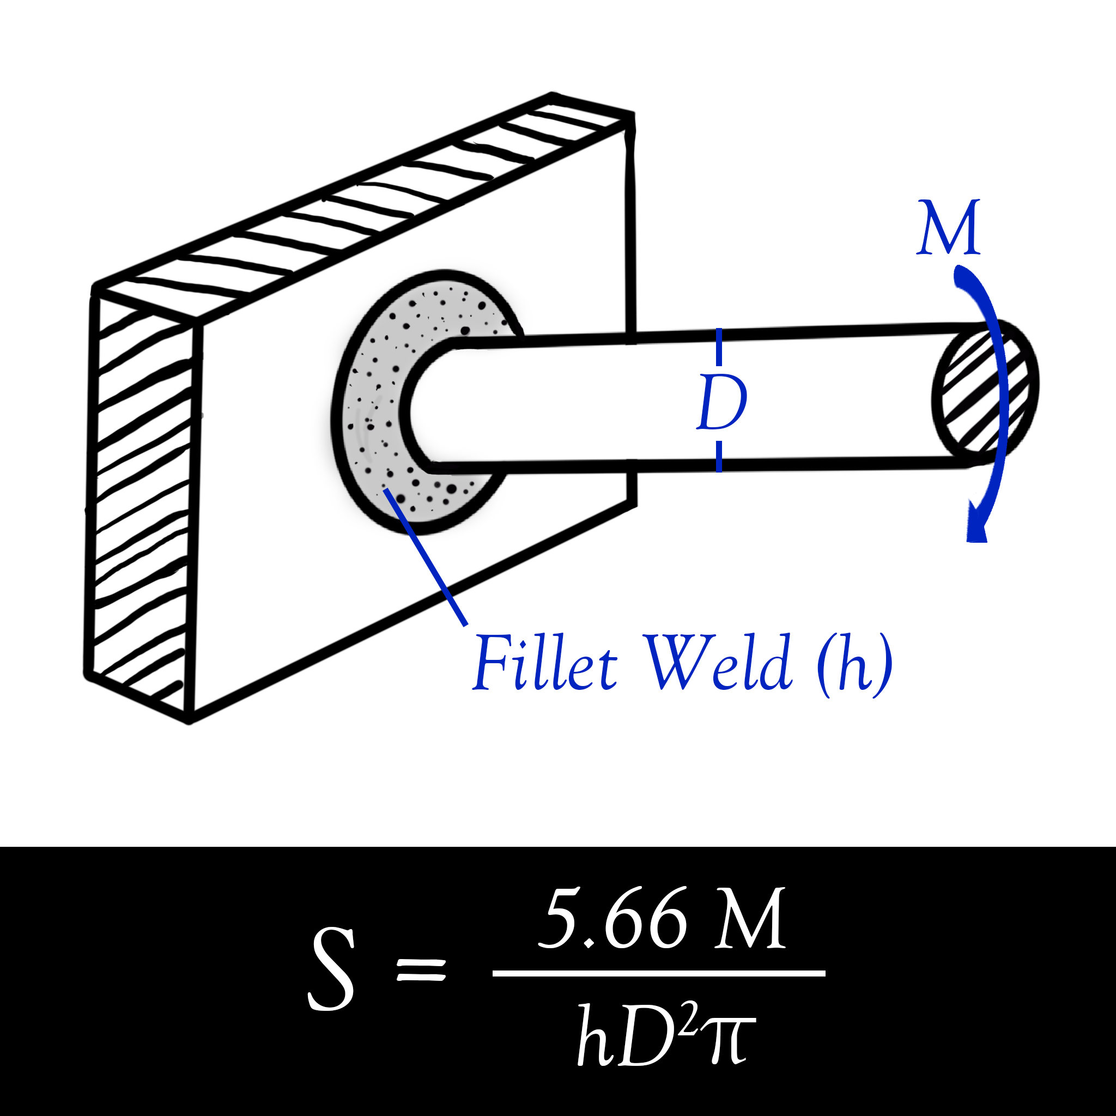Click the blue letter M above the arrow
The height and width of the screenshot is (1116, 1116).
949,228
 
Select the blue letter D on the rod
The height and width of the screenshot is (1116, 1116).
721,403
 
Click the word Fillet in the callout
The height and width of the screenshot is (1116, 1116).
545,663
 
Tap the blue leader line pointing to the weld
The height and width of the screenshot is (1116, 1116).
426,557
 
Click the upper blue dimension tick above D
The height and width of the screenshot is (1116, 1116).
719,347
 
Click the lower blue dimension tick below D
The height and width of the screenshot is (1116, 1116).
719,456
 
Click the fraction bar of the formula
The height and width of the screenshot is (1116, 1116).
658,973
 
